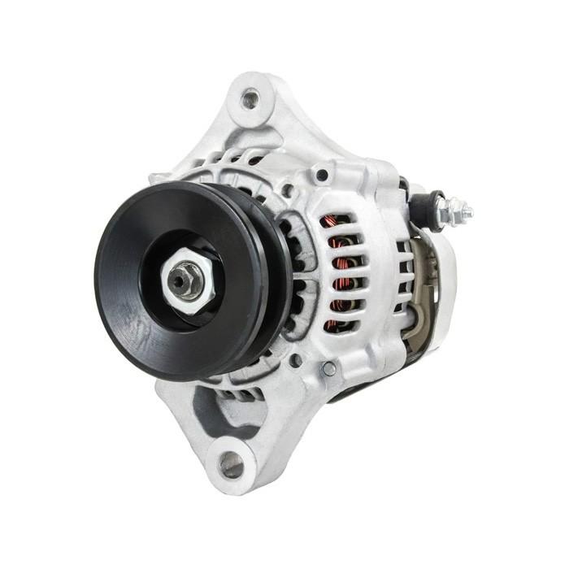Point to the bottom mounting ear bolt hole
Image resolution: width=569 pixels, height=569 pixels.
coord(231,464)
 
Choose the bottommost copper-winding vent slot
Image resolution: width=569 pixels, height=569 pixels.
coord(339,324)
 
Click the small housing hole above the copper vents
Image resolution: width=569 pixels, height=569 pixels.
coord(322,175)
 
